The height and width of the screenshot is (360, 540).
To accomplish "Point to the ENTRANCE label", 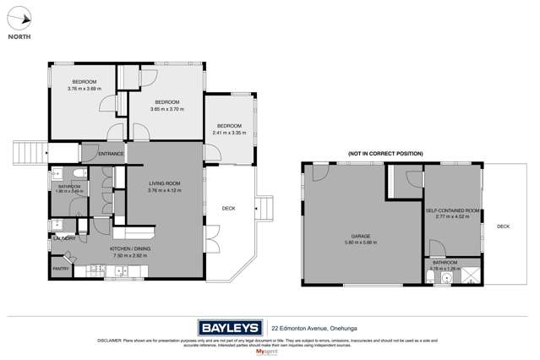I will [111, 154].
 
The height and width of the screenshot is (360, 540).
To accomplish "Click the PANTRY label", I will [60, 269].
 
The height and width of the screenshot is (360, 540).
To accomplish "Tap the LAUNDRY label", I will [63, 238].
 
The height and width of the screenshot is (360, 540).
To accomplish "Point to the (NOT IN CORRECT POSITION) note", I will [385, 154].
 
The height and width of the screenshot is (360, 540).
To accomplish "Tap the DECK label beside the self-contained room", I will [503, 226].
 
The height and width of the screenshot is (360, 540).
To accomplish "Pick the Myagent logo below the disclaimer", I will [270, 351].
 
